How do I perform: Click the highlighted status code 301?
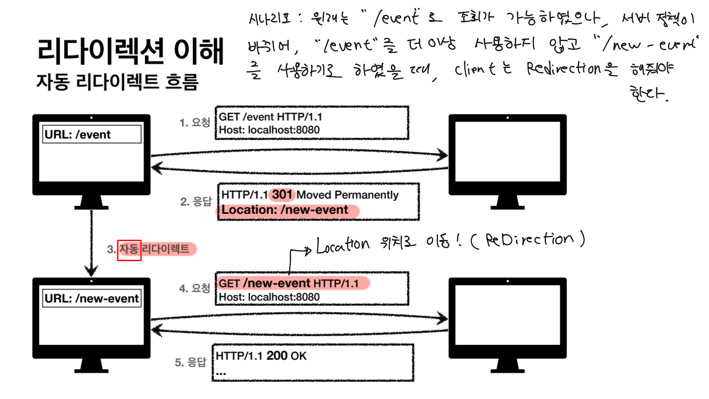282,195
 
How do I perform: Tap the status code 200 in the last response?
277,356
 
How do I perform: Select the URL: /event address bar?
92,134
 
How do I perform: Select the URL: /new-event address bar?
92,298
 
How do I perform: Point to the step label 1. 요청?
195,123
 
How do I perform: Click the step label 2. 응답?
196,202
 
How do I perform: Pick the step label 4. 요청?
195,288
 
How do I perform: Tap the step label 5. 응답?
190,362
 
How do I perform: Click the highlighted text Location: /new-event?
285,210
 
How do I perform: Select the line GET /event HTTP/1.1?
270,117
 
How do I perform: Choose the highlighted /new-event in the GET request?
277,283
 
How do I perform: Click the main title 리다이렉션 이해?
131,51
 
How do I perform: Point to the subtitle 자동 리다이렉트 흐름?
117,82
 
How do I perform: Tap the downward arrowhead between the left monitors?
91,270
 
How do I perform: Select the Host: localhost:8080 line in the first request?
269,130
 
